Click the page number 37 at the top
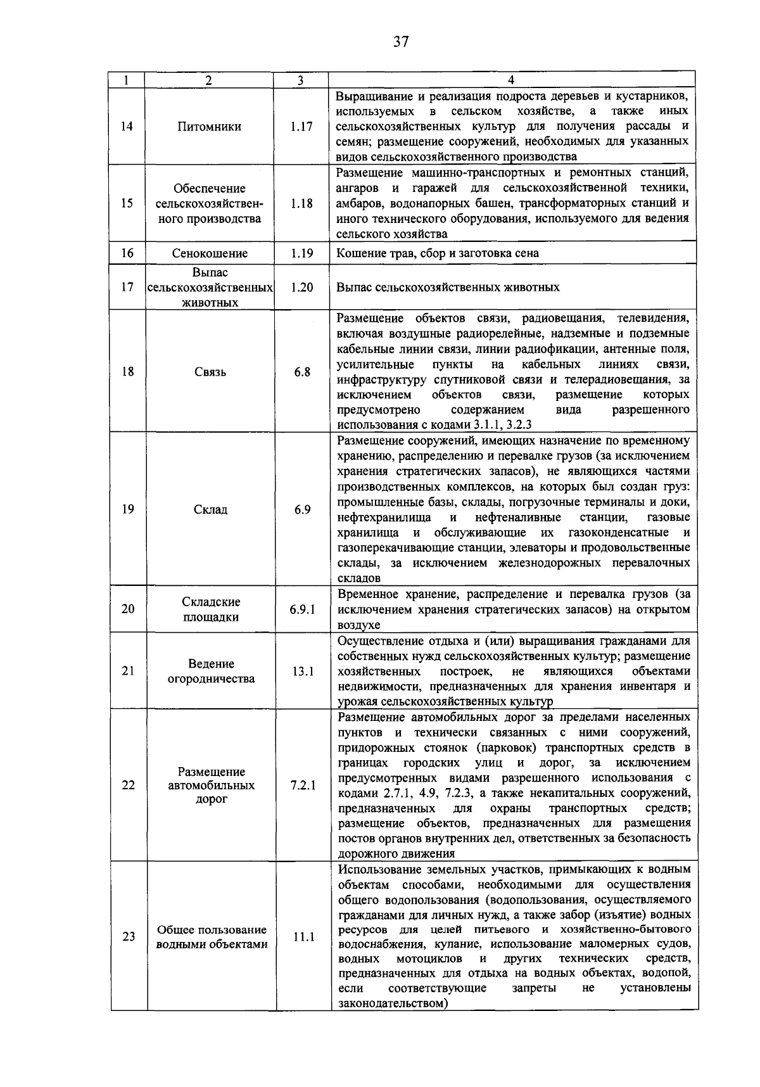pyautogui.click(x=401, y=42)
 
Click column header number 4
pyautogui.click(x=512, y=80)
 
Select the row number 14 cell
pyautogui.click(x=127, y=126)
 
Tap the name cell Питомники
pyautogui.click(x=210, y=126)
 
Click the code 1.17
pyautogui.click(x=301, y=126)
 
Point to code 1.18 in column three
pyautogui.click(x=301, y=203)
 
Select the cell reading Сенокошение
pyautogui.click(x=210, y=253)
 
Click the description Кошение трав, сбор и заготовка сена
pyautogui.click(x=438, y=253)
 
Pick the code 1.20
pyautogui.click(x=302, y=287)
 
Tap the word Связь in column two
pyautogui.click(x=210, y=372)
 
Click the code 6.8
pyautogui.click(x=302, y=372)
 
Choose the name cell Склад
pyautogui.click(x=210, y=509)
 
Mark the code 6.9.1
pyautogui.click(x=303, y=609)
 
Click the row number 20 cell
pyautogui.click(x=128, y=609)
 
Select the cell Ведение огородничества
pyautogui.click(x=211, y=671)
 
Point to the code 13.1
pyautogui.click(x=303, y=671)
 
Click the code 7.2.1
pyautogui.click(x=303, y=785)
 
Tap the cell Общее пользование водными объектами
pyautogui.click(x=212, y=937)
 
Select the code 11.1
pyautogui.click(x=303, y=937)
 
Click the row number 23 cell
pyautogui.click(x=129, y=937)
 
